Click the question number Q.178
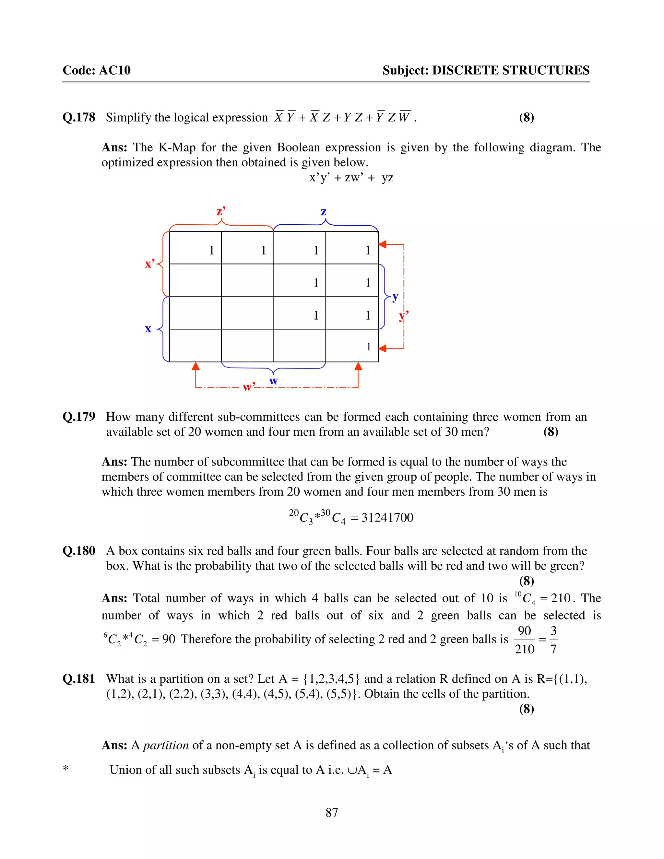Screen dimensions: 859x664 pyautogui.click(x=79, y=117)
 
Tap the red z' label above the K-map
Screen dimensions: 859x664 pyautogui.click(x=221, y=211)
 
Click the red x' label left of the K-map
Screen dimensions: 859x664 pyautogui.click(x=150, y=264)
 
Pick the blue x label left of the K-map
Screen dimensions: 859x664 pyautogui.click(x=148, y=328)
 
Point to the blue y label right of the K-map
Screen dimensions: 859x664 pyautogui.click(x=395, y=297)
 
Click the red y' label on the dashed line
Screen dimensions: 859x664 pyautogui.click(x=404, y=315)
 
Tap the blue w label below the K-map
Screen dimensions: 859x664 pyautogui.click(x=273, y=381)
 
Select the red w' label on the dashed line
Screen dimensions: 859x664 pyautogui.click(x=249, y=387)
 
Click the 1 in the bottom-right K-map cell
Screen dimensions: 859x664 pyautogui.click(x=369, y=347)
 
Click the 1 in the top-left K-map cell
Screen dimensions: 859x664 pyautogui.click(x=212, y=250)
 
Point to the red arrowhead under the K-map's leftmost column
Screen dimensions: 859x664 pyautogui.click(x=196, y=367)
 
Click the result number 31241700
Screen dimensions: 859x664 pyautogui.click(x=387, y=518)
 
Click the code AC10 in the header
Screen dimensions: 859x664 pyautogui.click(x=114, y=70)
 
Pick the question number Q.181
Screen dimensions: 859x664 pyautogui.click(x=79, y=679)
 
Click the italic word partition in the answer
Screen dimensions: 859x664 pyautogui.click(x=166, y=745)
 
